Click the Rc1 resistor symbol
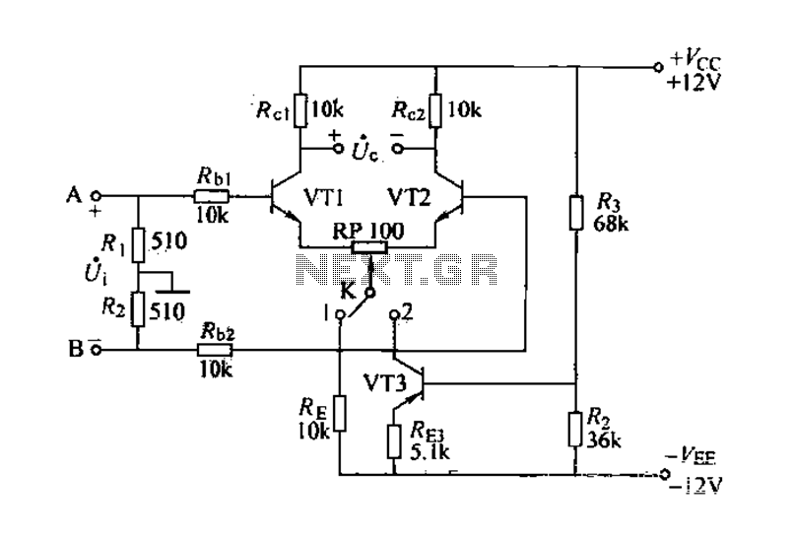pyautogui.click(x=300, y=109)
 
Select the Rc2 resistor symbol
pyautogui.click(x=435, y=109)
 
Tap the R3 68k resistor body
pyautogui.click(x=576, y=213)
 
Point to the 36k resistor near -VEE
pyautogui.click(x=575, y=430)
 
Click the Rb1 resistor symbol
pyautogui.click(x=212, y=195)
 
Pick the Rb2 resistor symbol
pyautogui.click(x=215, y=350)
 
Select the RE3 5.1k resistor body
pyautogui.click(x=394, y=441)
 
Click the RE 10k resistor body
pyautogui.click(x=340, y=414)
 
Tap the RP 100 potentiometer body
pyautogui.click(x=369, y=247)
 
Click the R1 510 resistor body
pyautogui.click(x=138, y=245)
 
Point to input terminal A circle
pyautogui.click(x=96, y=195)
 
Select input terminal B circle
pyautogui.click(x=97, y=350)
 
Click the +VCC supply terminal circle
pyautogui.click(x=658, y=67)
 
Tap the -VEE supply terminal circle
pyautogui.click(x=665, y=474)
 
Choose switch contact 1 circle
pyautogui.click(x=341, y=314)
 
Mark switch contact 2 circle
pyautogui.click(x=394, y=314)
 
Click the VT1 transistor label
pyautogui.click(x=324, y=197)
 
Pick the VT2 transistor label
pyautogui.click(x=409, y=197)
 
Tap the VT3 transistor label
pyautogui.click(x=385, y=383)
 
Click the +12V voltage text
pyautogui.click(x=694, y=82)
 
